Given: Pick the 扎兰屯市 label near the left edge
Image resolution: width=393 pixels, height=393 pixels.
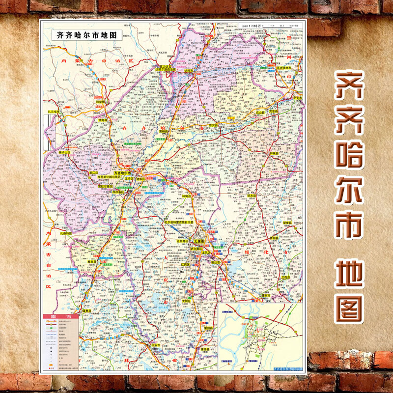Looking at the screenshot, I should coord(53,112).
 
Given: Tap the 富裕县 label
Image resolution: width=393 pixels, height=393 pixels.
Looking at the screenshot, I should coord(164,131).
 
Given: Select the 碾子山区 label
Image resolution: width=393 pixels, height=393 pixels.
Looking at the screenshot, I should coord(64,153).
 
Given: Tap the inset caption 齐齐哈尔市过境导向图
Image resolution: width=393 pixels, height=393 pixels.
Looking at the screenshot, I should coord(286,366).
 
